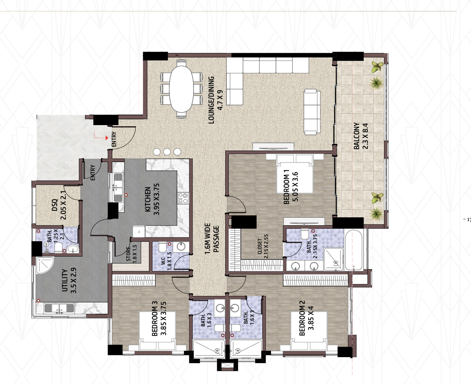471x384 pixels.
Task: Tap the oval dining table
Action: coord(181,89)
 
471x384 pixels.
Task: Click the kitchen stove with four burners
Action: coord(183,198)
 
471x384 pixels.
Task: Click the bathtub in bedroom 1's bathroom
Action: coord(353,250)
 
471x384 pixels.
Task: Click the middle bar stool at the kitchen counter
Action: coord(167,152)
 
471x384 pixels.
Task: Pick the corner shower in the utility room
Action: coord(45,265)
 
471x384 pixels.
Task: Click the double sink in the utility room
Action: coord(59,308)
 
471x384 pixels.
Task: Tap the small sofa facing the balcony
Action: coord(312,112)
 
